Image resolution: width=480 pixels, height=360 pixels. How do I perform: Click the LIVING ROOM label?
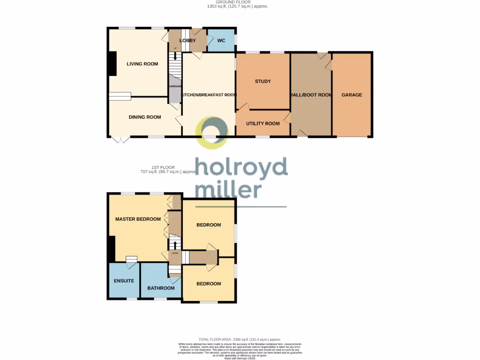coord(142,64)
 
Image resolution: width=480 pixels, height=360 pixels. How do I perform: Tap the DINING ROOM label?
coord(145,117)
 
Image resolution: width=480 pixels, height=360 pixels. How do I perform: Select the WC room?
coord(221,41)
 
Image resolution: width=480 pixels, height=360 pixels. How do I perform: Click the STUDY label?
coord(262,82)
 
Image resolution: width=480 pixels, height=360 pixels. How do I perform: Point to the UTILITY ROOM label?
coord(262,124)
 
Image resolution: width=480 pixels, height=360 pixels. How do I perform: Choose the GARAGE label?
coord(352,95)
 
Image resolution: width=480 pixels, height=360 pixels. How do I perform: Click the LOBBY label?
coord(187,41)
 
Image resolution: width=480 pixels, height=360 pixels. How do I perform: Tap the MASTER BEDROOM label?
coord(138,219)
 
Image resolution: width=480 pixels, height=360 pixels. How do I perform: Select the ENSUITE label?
coord(124,281)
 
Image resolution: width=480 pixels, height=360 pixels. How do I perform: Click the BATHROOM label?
coord(161,288)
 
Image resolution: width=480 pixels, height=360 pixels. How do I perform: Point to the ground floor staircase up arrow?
coord(175,55)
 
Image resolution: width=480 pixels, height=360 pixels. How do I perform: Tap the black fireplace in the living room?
coord(112,63)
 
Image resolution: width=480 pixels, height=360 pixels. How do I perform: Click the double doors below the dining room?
coord(120,140)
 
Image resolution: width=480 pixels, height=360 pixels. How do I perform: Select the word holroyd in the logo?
coord(241,168)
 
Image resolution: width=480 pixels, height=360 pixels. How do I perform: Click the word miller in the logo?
coord(228,190)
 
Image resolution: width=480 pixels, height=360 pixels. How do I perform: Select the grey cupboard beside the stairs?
coord(174,90)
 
